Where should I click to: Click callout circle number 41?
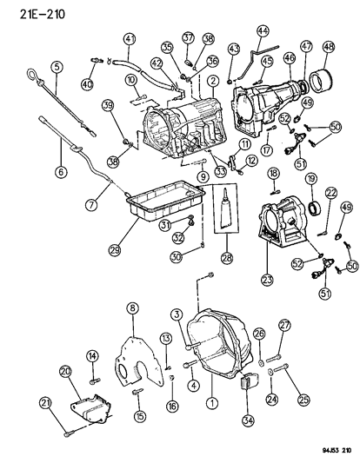click(x=130, y=38)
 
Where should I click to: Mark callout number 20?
click(x=66, y=372)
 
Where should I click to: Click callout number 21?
click(x=45, y=401)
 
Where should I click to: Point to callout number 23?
click(x=267, y=280)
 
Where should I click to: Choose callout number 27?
click(x=283, y=325)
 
